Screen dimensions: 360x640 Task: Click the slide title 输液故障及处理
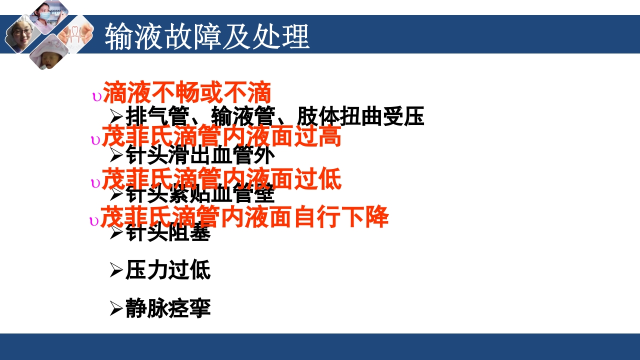(207, 35)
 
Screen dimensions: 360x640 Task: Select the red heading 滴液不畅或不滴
(187, 93)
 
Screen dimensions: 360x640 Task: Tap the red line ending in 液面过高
(221, 136)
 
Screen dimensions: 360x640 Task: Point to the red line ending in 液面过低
(221, 179)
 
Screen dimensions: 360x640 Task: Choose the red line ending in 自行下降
(244, 217)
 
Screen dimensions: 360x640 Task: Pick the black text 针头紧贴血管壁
(200, 194)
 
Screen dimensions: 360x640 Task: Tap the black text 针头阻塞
(168, 232)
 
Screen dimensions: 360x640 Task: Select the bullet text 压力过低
(168, 270)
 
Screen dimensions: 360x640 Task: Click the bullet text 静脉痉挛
(168, 308)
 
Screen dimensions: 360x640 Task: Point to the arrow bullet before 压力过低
(116, 270)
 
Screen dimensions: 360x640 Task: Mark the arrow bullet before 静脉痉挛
(116, 308)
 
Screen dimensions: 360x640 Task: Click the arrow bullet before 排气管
(116, 117)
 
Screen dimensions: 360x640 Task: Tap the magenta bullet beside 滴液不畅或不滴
(96, 97)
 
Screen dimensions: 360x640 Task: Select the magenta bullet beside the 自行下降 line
(94, 221)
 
